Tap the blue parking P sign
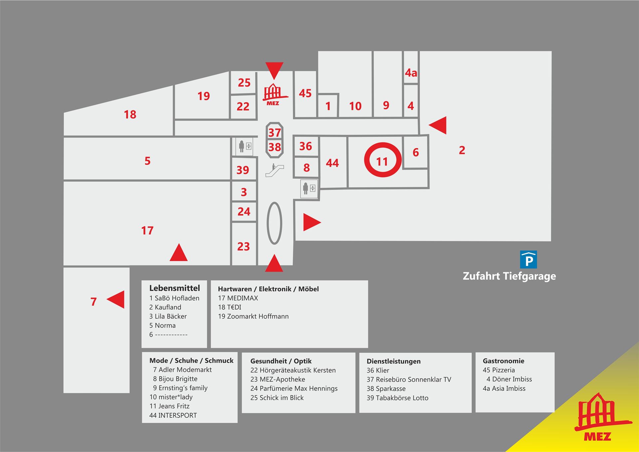[x=529, y=260]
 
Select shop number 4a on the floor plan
[x=411, y=73]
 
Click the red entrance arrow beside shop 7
[x=116, y=299]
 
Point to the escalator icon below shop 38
[x=275, y=170]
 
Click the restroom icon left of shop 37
[x=245, y=146]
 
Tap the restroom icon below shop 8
[x=309, y=188]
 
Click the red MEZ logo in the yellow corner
[x=602, y=417]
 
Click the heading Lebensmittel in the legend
[x=174, y=288]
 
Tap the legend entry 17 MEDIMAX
[x=238, y=298]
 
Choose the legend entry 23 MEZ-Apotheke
[x=278, y=379]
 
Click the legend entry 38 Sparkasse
[x=386, y=389]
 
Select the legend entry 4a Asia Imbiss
[x=504, y=388]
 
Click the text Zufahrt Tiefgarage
[x=509, y=276]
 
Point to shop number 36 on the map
[x=306, y=146]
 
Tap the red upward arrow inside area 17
[x=179, y=252]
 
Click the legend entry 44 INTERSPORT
[x=173, y=415]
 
